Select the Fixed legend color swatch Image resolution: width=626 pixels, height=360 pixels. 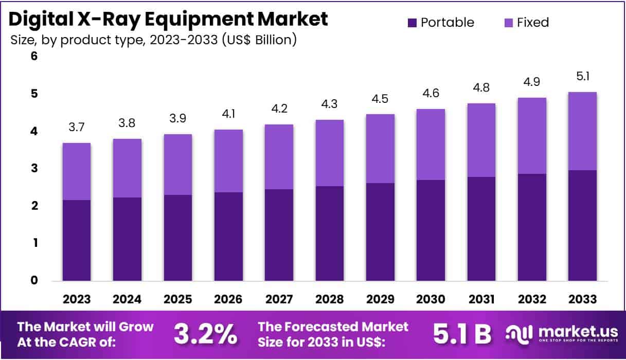click(x=508, y=23)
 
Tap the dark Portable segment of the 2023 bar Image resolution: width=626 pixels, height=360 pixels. click(x=77, y=240)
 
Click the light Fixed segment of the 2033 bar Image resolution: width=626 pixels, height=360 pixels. click(x=582, y=131)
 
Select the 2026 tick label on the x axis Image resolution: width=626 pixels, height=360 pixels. click(x=228, y=299)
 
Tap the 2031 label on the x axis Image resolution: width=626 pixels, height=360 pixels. click(x=481, y=299)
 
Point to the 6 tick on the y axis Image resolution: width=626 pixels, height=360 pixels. click(x=34, y=57)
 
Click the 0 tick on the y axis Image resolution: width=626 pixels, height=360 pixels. click(x=34, y=280)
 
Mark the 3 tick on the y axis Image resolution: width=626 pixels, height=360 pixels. click(x=34, y=169)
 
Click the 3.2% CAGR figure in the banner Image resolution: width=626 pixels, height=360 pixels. click(x=205, y=334)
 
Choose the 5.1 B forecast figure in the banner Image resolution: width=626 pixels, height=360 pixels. click(x=462, y=334)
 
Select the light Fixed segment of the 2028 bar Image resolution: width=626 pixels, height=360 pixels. click(x=330, y=153)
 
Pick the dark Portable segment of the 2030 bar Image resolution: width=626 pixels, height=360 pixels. click(x=431, y=230)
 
